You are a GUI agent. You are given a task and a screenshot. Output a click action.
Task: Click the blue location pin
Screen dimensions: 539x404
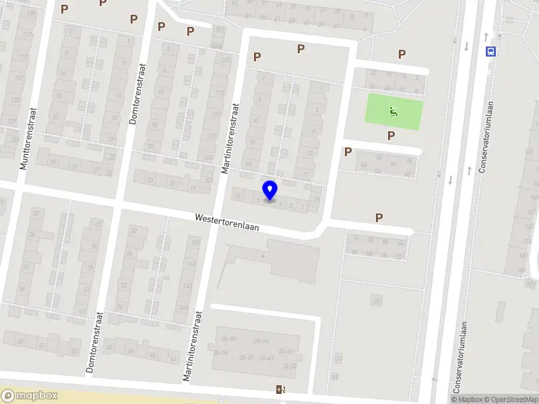pyautogui.click(x=270, y=190)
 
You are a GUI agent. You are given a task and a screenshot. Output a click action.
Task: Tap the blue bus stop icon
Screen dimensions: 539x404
pyautogui.click(x=490, y=50)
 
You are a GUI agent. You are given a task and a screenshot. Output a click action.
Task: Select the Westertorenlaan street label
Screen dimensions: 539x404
pyautogui.click(x=227, y=224)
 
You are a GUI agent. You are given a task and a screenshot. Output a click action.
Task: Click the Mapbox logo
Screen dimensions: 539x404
pyautogui.click(x=30, y=396)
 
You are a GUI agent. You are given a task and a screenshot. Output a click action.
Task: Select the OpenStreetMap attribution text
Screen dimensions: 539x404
pyautogui.click(x=509, y=399)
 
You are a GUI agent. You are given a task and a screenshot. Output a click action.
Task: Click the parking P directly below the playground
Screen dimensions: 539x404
pyautogui.click(x=391, y=135)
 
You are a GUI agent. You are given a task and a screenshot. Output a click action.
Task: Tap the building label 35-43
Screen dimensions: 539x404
pyautogui.click(x=264, y=358)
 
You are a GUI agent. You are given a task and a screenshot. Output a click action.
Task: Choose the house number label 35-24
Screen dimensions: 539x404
pyautogui.click(x=290, y=366)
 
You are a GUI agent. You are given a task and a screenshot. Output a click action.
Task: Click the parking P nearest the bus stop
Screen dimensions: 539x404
pyautogui.click(x=402, y=55)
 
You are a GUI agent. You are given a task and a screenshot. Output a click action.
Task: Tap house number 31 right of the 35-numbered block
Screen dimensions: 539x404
pyautogui.click(x=338, y=358)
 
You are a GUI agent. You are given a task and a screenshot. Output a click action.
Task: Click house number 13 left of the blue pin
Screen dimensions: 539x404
pyautogui.click(x=236, y=196)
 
